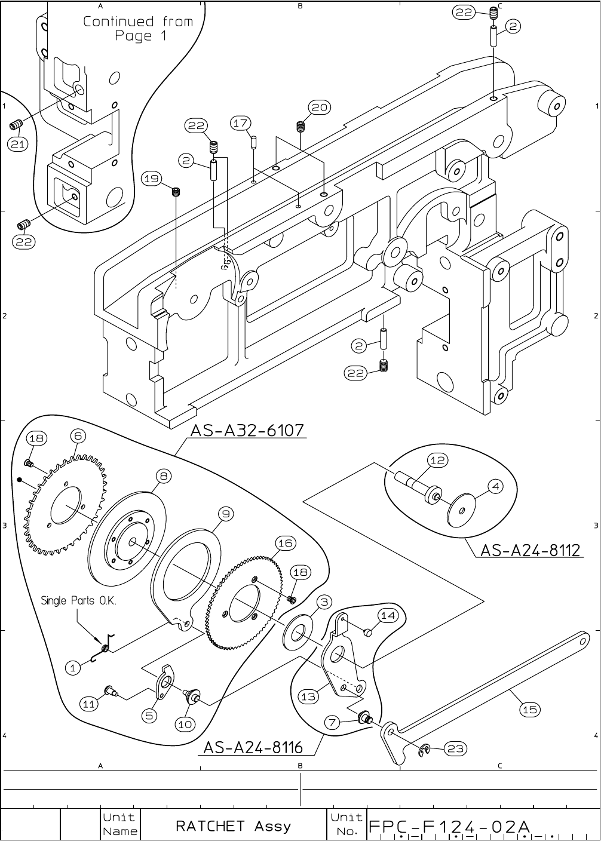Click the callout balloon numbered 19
[x=152, y=178]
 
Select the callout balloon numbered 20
[x=320, y=107]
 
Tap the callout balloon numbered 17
[x=240, y=124]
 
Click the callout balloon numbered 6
[x=78, y=436]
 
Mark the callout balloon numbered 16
[x=285, y=542]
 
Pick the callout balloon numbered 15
[x=529, y=710]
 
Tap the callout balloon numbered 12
[x=438, y=460]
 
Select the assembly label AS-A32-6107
[x=247, y=430]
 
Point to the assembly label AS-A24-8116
[x=253, y=747]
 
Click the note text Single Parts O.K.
[x=78, y=600]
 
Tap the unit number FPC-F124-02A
[x=449, y=827]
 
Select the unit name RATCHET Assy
[x=233, y=827]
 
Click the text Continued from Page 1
[x=138, y=29]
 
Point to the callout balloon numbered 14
[x=388, y=615]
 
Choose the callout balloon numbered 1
[x=73, y=668]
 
